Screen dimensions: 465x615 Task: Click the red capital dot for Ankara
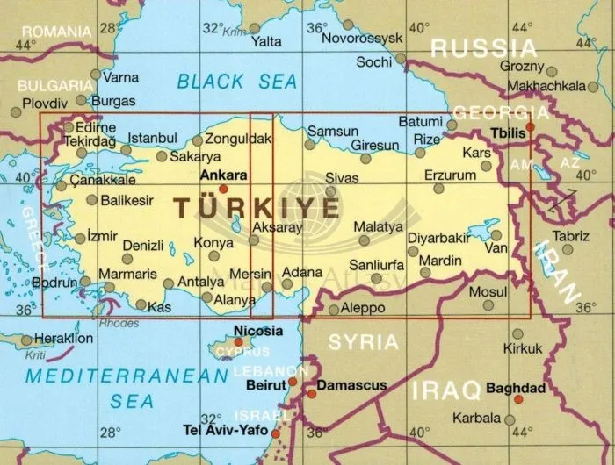pos(223,188)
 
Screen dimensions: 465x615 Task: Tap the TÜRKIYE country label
pos(256,208)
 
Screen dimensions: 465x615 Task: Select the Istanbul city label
pos(153,138)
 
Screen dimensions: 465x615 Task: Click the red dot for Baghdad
pos(517,399)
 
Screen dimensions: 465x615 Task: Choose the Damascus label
pos(351,384)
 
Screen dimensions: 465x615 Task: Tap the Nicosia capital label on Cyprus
pos(258,331)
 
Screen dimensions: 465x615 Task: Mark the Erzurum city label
pos(450,175)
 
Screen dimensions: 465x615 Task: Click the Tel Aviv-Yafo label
pos(225,431)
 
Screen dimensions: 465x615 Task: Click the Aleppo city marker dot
pos(333,310)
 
